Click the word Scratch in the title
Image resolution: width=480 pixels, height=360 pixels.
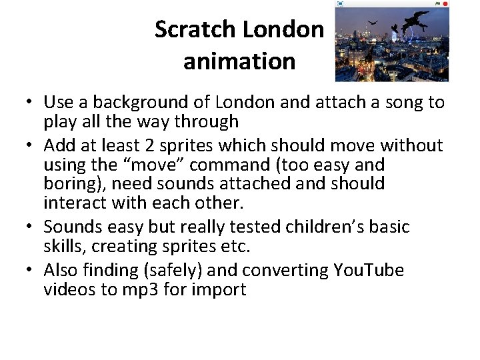pyautogui.click(x=195, y=29)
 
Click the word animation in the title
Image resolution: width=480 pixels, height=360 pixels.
pyautogui.click(x=239, y=61)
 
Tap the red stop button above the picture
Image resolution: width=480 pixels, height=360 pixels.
pyautogui.click(x=445, y=4)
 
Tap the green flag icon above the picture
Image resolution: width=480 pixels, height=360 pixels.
pyautogui.click(x=437, y=4)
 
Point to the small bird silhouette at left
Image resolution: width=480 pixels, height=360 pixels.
pyautogui.click(x=373, y=23)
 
